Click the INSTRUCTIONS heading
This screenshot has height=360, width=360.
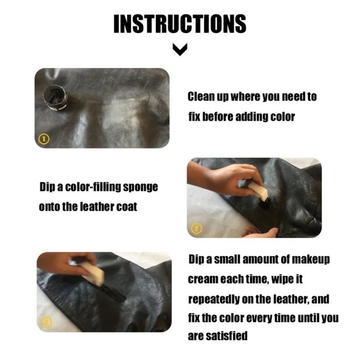pyautogui.click(x=180, y=23)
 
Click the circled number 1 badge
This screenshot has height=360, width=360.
pyautogui.click(x=44, y=139)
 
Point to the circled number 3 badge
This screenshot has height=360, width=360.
pyautogui.click(x=47, y=321)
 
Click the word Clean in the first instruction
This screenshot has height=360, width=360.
pyautogui.click(x=200, y=96)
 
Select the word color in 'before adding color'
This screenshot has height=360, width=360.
pyautogui.click(x=282, y=117)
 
